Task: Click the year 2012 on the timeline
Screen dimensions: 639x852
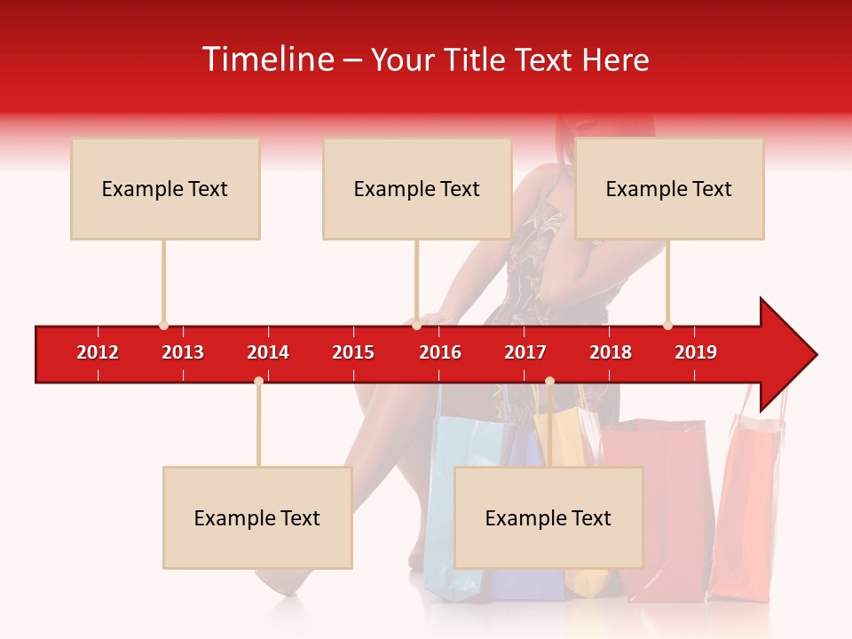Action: (98, 352)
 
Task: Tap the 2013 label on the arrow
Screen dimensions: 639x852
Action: (183, 352)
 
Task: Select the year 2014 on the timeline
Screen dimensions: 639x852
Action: (268, 352)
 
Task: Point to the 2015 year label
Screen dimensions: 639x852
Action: (353, 352)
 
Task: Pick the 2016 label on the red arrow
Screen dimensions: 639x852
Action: (440, 352)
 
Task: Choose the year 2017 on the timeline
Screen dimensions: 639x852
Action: (525, 352)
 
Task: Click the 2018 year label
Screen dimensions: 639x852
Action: (611, 352)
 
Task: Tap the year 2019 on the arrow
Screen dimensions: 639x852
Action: (696, 352)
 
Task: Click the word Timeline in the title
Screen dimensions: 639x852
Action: (269, 59)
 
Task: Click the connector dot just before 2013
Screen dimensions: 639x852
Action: (163, 326)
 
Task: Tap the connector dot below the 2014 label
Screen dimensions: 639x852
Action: (258, 381)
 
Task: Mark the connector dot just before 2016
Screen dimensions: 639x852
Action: (416, 326)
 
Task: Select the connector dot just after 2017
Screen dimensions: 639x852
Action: (549, 381)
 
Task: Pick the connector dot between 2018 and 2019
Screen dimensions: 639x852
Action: (667, 326)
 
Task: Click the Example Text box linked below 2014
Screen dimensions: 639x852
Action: (257, 517)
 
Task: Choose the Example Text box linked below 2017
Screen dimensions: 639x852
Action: (548, 517)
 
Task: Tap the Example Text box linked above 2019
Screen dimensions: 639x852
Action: (669, 188)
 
